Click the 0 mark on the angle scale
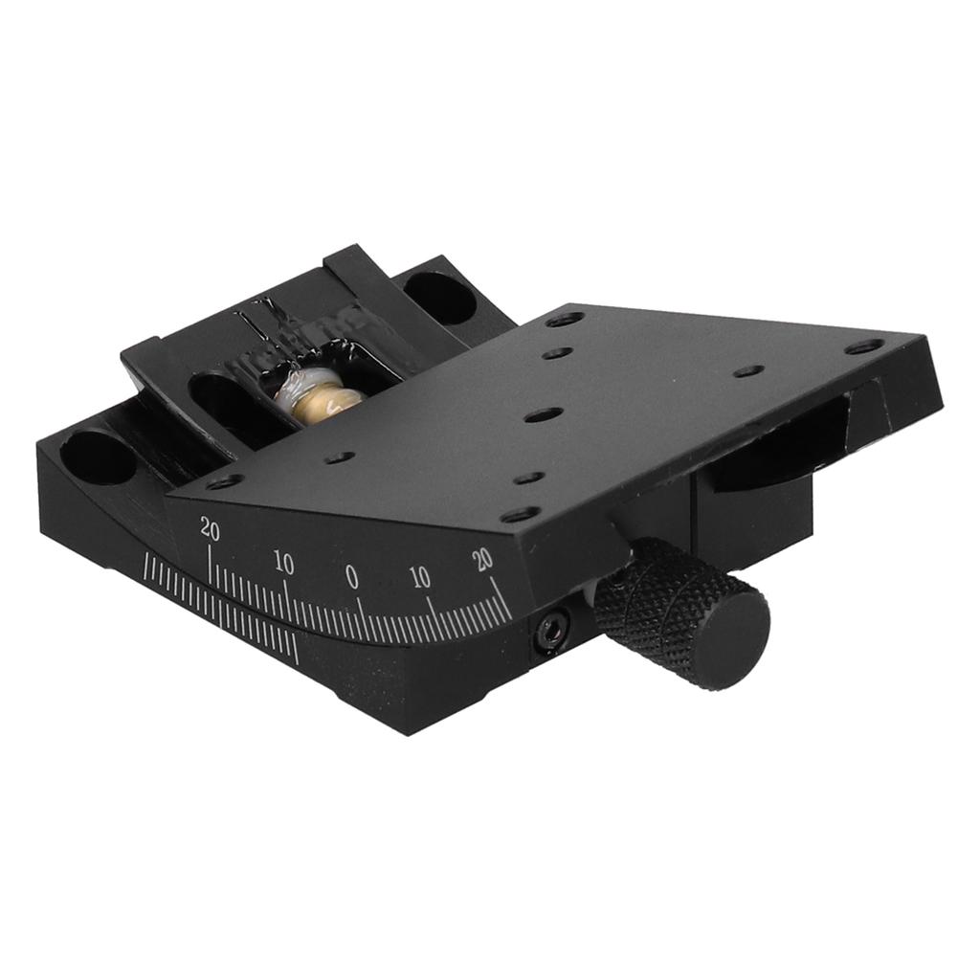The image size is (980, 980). point(351,576)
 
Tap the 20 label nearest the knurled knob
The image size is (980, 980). point(482,558)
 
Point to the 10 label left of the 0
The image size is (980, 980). point(284,563)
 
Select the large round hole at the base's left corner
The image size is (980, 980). point(100,457)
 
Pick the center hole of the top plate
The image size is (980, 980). point(543,415)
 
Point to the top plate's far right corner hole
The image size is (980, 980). point(864,346)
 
